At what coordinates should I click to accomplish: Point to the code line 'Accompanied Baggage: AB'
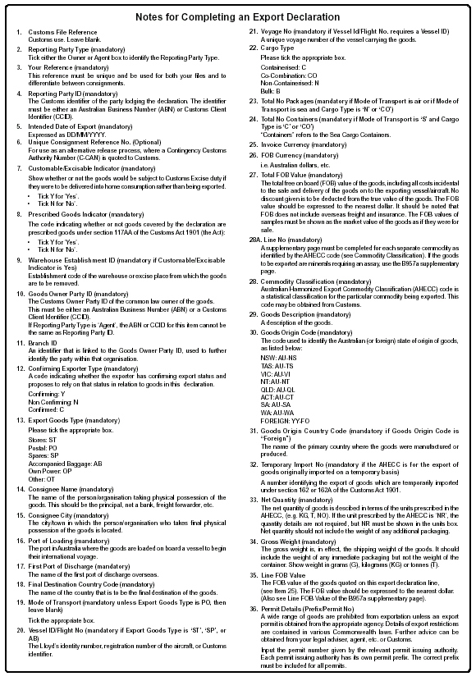point(64,464)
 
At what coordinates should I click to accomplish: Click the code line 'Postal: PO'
point(42,449)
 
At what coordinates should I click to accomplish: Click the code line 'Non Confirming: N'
point(53,402)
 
